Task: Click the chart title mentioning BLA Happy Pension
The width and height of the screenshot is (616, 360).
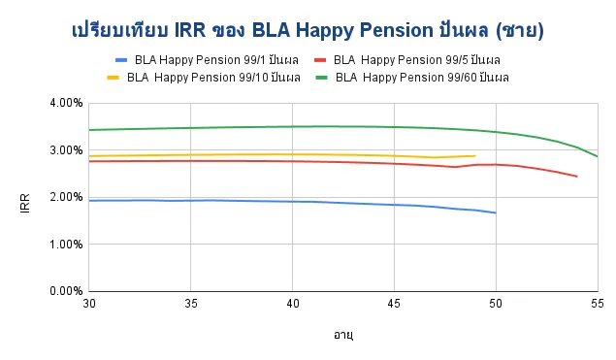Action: point(308,31)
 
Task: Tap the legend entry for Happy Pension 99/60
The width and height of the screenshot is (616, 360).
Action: point(420,77)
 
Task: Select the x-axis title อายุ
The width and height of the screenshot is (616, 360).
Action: point(342,335)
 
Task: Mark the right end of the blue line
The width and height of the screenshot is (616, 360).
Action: point(496,213)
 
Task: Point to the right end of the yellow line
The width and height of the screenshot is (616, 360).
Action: point(475,156)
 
